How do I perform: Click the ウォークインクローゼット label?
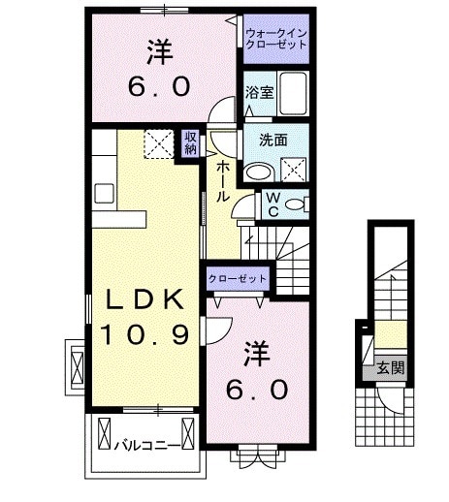click(x=275, y=41)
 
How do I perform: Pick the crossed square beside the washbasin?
click(x=293, y=171)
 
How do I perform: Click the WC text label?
click(x=273, y=204)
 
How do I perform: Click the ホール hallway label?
click(x=223, y=180)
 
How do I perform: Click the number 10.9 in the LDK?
click(x=143, y=335)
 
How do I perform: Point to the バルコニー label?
click(x=143, y=447)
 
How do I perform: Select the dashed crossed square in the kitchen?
click(x=157, y=143)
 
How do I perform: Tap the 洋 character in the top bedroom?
click(x=160, y=47)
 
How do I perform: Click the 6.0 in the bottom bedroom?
click(x=256, y=391)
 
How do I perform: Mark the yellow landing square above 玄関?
click(x=391, y=337)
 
